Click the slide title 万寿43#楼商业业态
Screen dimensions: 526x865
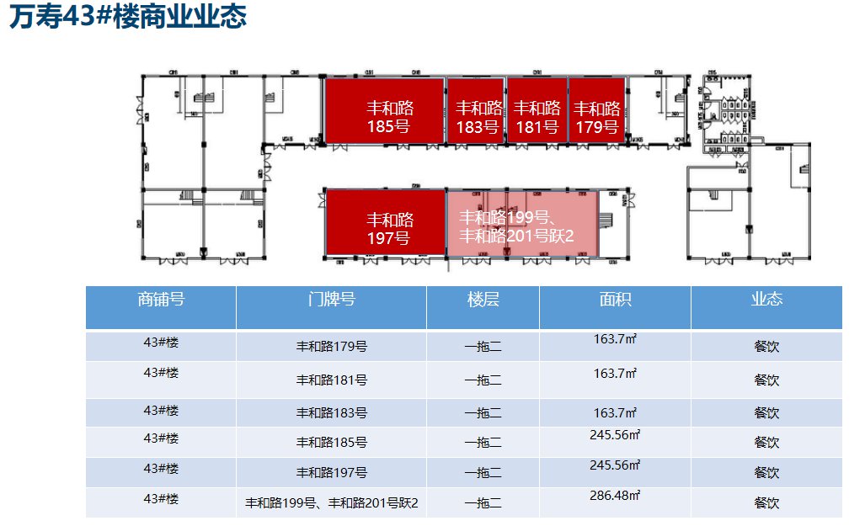pyautogui.click(x=128, y=18)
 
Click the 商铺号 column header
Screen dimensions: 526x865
pyautogui.click(x=161, y=300)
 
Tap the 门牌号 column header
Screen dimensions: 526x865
pyautogui.click(x=331, y=300)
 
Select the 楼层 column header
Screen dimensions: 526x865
pyautogui.click(x=483, y=300)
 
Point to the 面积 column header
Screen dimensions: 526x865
pyautogui.click(x=615, y=300)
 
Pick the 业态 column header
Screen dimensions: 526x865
pyautogui.click(x=766, y=300)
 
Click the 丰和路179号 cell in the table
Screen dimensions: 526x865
pyautogui.click(x=331, y=346)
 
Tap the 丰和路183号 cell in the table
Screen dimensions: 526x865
pyautogui.click(x=331, y=413)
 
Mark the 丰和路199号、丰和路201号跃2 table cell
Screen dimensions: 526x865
pyautogui.click(x=331, y=503)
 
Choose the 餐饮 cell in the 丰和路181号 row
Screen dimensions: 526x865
pyautogui.click(x=766, y=380)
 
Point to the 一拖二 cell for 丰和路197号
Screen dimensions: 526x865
pyautogui.click(x=483, y=472)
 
